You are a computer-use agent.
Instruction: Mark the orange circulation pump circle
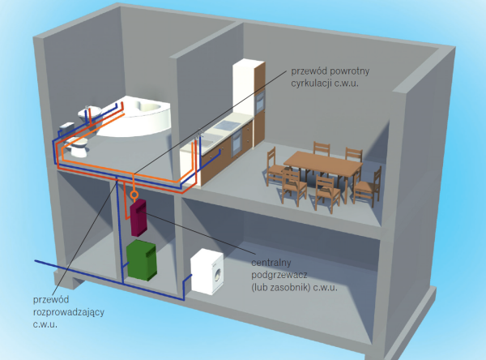(x=132, y=194)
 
